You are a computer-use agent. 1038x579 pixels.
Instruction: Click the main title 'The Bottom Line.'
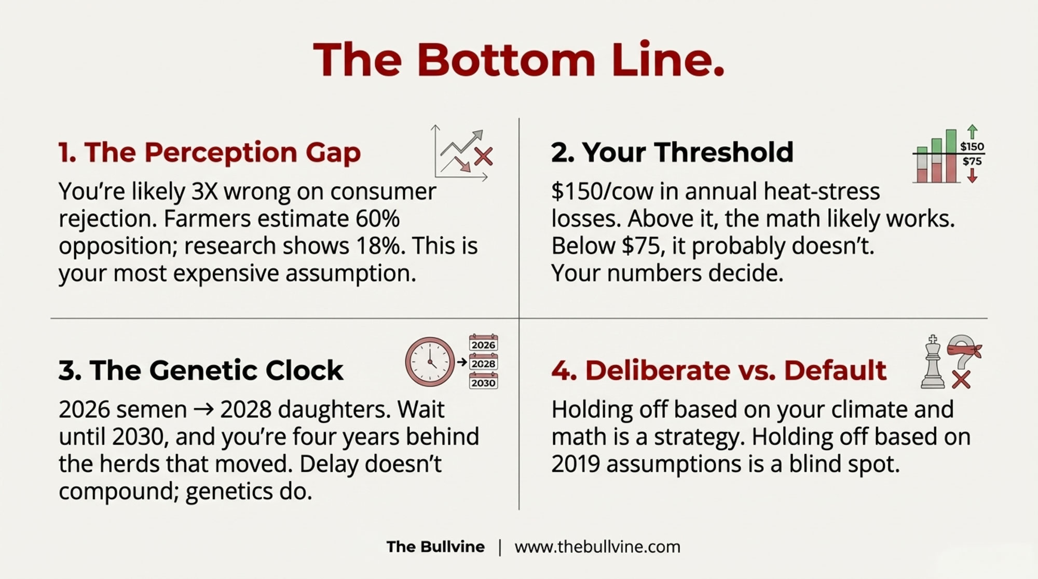(518, 60)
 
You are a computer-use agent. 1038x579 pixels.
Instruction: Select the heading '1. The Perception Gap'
(209, 153)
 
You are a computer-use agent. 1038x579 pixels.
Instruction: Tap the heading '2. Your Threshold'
(672, 152)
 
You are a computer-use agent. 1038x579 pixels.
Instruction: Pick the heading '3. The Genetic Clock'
(201, 370)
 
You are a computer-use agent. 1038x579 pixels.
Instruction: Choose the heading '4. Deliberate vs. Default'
(719, 370)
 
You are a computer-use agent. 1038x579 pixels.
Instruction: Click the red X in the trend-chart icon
(483, 156)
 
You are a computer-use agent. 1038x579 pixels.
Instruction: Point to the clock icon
(430, 362)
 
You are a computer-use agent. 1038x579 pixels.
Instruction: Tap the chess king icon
(933, 362)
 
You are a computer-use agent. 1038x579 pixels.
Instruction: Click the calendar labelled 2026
(483, 343)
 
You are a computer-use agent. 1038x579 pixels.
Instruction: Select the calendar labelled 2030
(483, 381)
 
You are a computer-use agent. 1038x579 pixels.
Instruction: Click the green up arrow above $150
(972, 131)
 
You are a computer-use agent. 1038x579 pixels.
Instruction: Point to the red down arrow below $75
(972, 176)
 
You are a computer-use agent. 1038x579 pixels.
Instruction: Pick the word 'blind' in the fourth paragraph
(816, 464)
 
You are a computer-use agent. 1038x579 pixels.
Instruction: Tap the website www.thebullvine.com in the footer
(597, 547)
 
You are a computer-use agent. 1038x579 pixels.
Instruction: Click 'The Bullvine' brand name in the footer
(435, 547)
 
